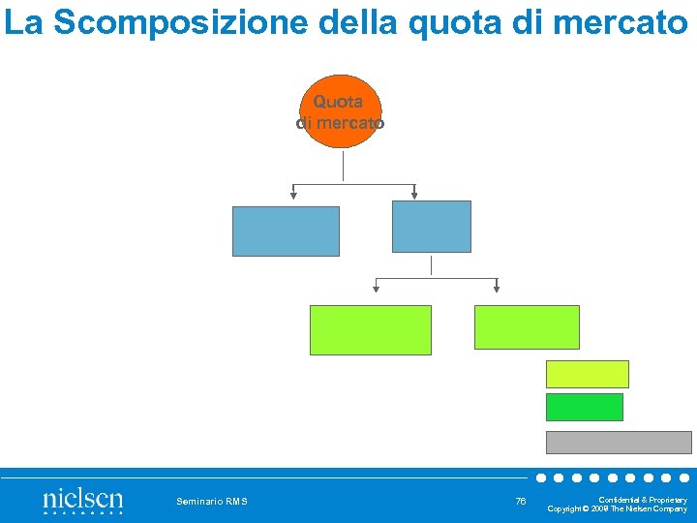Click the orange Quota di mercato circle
coord(339,111)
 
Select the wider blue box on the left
coord(286,231)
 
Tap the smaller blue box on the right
coord(431,227)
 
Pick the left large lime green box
coord(370,330)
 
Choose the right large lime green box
coord(527,327)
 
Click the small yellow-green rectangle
coord(587,374)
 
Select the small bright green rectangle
coord(584,407)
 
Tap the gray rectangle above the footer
coord(619,443)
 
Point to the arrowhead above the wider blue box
coord(293,195)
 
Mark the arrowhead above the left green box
coord(376,288)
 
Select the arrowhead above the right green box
coord(497,288)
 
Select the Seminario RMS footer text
coord(212,501)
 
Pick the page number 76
coord(521,501)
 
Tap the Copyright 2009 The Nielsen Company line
coord(618,508)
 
